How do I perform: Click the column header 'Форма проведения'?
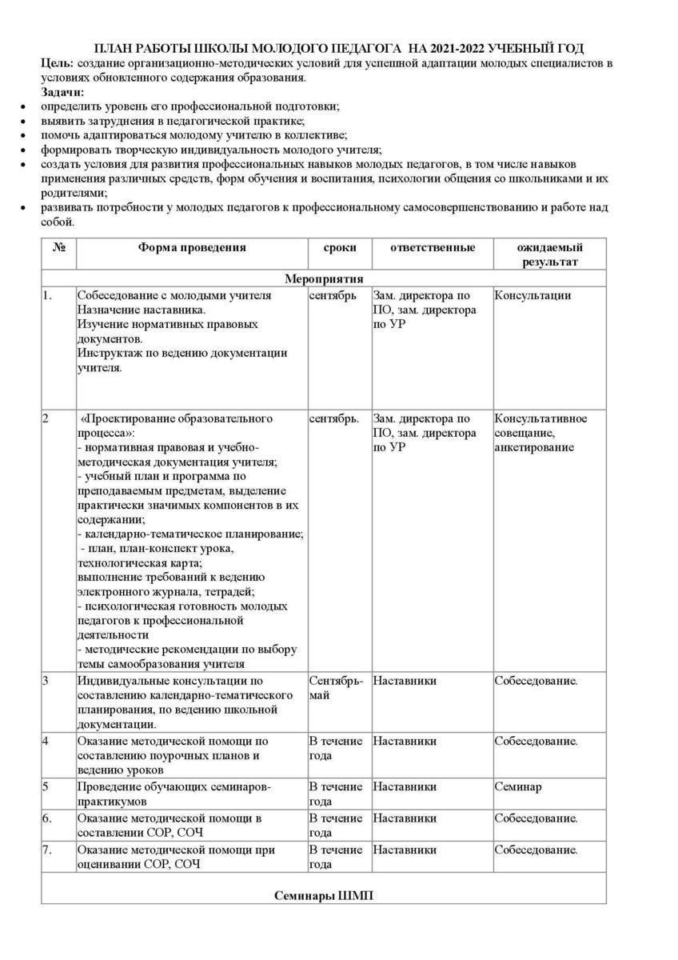pos(192,248)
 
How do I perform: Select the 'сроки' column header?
pos(340,248)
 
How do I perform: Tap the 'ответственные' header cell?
pos(433,248)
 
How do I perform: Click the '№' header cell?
pos(59,248)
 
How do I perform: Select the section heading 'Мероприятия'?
pos(324,279)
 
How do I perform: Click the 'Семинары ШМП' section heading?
pos(324,896)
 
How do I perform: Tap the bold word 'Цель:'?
pos(58,62)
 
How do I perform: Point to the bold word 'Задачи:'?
pos(63,92)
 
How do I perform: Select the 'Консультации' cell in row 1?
pos(532,296)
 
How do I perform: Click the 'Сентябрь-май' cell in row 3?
pos(336,688)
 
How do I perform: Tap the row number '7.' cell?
pos(48,850)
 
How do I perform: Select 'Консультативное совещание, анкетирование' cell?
pos(540,433)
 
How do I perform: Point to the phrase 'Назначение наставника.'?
pos(141,310)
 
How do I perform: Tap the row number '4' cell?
pos(46,742)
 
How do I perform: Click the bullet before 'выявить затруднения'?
pos(23,122)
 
